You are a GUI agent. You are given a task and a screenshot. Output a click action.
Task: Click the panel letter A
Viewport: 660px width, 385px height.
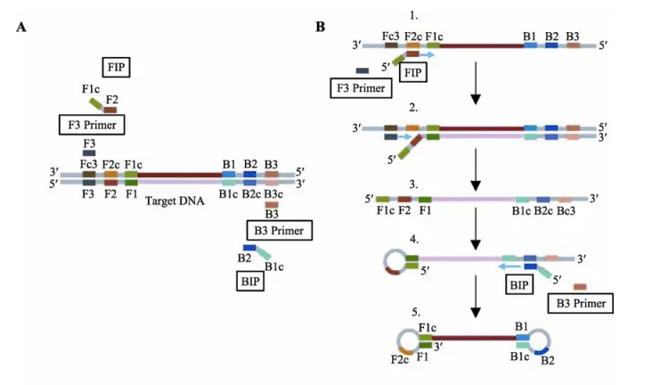(21, 28)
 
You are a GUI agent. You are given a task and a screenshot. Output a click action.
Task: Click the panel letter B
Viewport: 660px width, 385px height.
(321, 28)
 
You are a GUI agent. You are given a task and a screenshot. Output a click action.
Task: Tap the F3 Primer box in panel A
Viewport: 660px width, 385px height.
(92, 124)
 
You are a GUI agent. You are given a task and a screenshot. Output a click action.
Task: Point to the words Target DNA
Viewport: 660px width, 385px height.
(175, 201)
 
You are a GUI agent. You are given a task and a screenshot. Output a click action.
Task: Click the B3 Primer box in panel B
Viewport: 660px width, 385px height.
(580, 303)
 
